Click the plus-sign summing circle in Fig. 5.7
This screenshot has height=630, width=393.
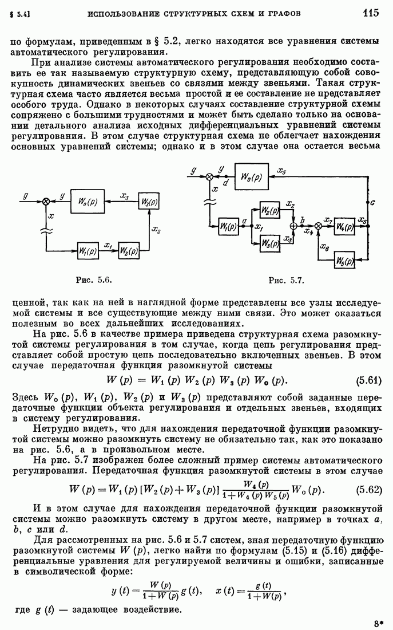click(x=295, y=226)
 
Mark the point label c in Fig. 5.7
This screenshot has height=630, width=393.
click(x=372, y=203)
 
